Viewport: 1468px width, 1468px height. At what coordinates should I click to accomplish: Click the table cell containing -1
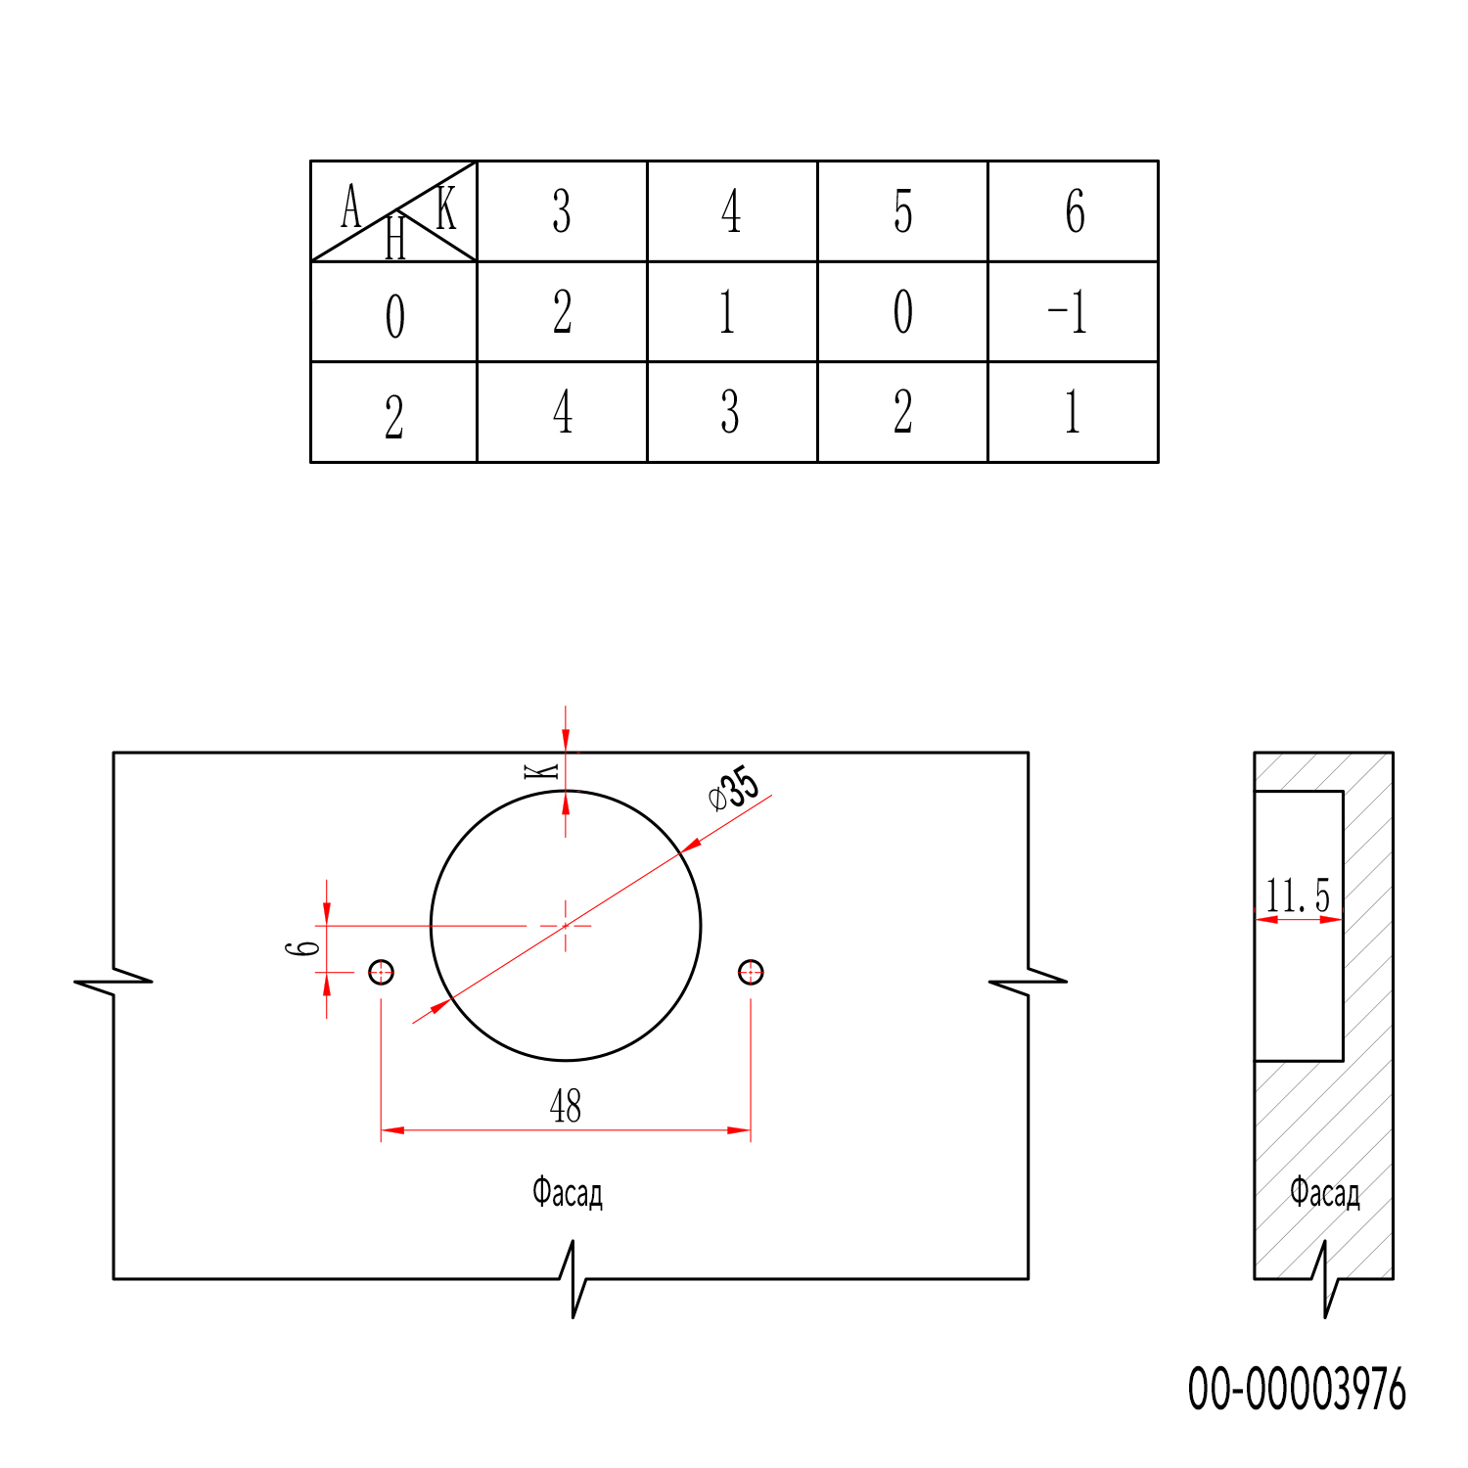pyautogui.click(x=1074, y=312)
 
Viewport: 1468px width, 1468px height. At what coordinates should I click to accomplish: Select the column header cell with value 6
pyautogui.click(x=1074, y=211)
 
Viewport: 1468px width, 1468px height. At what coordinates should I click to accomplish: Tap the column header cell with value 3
pyautogui.click(x=562, y=211)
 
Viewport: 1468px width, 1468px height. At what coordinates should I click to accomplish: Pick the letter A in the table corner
pyautogui.click(x=350, y=206)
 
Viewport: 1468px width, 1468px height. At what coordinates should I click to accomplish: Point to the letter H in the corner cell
pyautogui.click(x=395, y=238)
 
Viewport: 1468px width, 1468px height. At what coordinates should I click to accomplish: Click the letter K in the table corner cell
pyautogui.click(x=446, y=207)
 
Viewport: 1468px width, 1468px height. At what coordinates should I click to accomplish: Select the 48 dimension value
pyautogui.click(x=566, y=1106)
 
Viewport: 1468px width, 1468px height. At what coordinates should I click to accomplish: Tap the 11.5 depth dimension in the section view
pyautogui.click(x=1298, y=895)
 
